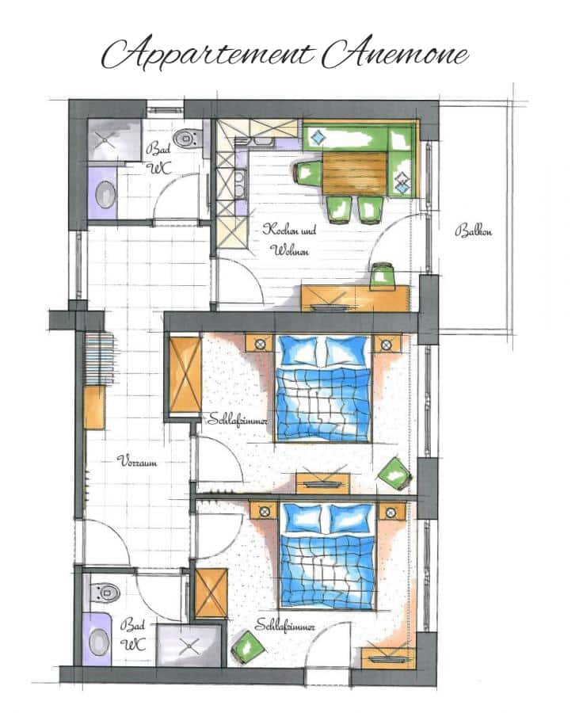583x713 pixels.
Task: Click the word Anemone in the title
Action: [x=394, y=53]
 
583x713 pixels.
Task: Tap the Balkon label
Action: [x=473, y=231]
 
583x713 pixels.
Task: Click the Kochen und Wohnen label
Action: [x=289, y=239]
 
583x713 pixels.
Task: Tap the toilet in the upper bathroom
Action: [x=188, y=138]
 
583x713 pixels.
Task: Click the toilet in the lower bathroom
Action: [x=105, y=592]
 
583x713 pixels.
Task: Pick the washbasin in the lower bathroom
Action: [x=97, y=642]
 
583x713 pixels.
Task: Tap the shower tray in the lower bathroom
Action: [x=190, y=645]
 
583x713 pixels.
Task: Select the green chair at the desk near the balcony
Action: [x=383, y=276]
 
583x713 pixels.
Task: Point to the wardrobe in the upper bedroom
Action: [x=185, y=374]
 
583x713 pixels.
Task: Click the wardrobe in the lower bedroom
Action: [x=211, y=593]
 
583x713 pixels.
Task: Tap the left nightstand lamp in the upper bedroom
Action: [x=260, y=345]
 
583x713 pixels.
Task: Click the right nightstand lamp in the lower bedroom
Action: [x=391, y=513]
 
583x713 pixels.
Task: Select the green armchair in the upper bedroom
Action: [x=394, y=473]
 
